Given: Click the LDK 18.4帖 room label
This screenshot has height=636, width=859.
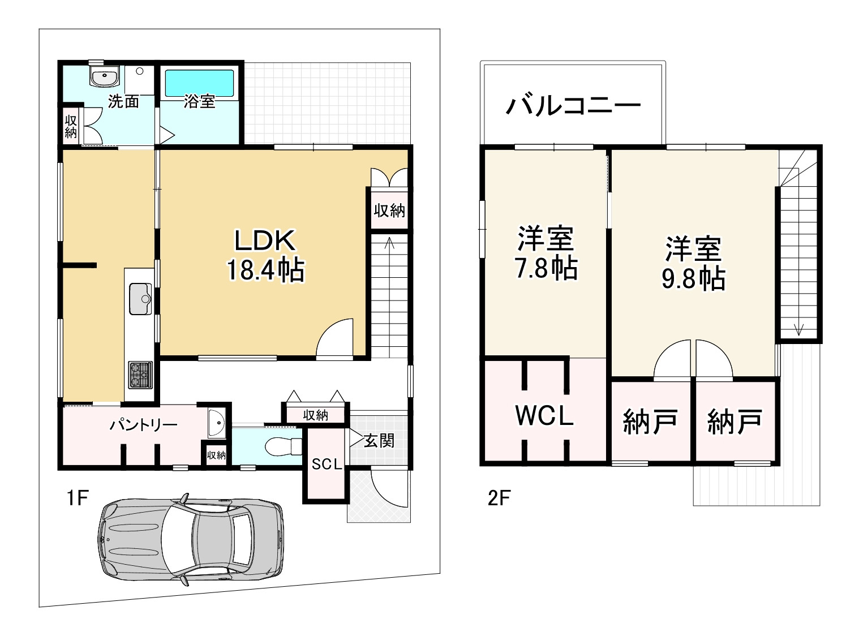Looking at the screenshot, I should [265, 256].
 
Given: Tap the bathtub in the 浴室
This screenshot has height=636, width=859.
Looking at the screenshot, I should [199, 84].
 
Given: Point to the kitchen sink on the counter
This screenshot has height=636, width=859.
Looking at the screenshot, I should [140, 298].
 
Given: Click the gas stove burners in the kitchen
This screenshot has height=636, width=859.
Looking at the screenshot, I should [139, 375].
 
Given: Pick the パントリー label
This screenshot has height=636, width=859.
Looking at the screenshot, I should [143, 424].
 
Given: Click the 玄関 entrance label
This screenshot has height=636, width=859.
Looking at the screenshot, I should [379, 440].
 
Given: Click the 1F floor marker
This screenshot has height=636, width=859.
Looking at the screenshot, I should [76, 499].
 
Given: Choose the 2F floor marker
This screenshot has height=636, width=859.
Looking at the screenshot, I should [499, 499].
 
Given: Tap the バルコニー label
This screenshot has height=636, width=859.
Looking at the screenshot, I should [573, 106].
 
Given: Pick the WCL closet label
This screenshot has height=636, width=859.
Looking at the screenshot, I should [544, 416].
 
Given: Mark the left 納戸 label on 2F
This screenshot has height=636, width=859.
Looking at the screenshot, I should [650, 422].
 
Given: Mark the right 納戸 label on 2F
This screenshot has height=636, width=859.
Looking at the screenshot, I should [735, 422].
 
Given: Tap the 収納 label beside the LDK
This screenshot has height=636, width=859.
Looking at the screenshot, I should [389, 211].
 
